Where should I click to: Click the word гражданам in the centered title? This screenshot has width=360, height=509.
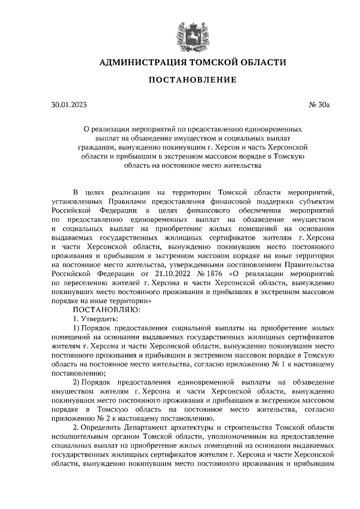click(x=102, y=146)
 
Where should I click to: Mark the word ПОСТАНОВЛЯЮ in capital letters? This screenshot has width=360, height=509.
click(x=100, y=309)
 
